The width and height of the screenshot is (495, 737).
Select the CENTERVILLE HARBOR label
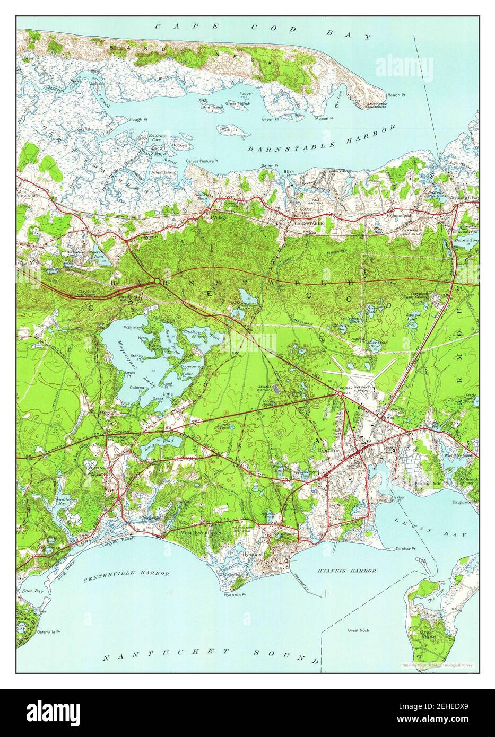click(126, 574)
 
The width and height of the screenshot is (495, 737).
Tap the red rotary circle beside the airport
click(340, 393)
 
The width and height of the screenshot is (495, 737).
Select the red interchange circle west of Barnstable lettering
click(157, 281)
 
